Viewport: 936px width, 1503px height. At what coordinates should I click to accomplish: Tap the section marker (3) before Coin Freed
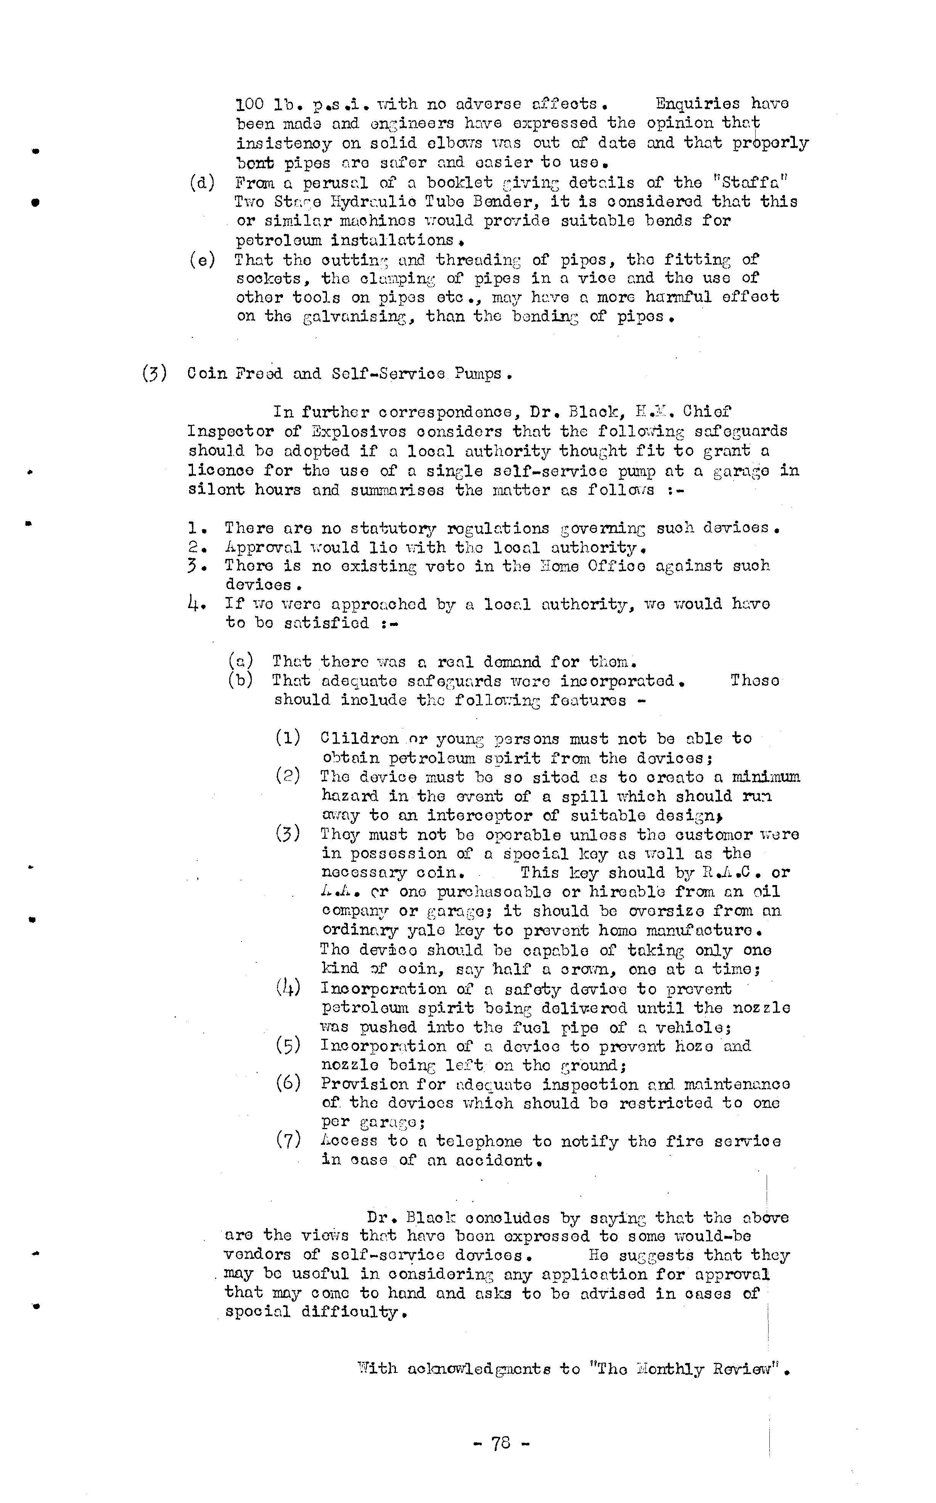(154, 374)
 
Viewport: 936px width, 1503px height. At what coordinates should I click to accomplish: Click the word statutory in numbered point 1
(392, 528)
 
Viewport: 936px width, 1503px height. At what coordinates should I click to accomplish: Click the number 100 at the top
(250, 104)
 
